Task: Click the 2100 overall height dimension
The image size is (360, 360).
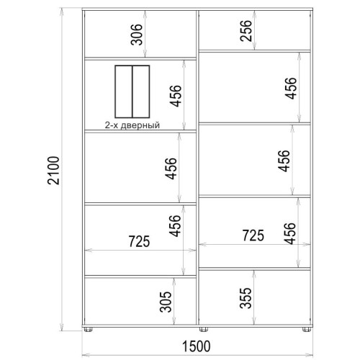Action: point(53,171)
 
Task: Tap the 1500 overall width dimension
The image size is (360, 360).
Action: point(197,346)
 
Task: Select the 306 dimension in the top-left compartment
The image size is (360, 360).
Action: point(136,35)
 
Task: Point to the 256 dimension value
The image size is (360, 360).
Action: point(246,31)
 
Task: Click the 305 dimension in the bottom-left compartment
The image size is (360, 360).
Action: point(166,302)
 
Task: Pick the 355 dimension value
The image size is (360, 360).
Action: point(246,298)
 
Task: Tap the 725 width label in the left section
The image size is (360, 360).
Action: point(139,241)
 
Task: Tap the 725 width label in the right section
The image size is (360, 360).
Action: point(253,235)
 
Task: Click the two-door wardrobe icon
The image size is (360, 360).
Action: point(132,91)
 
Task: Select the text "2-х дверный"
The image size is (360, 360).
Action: point(132,125)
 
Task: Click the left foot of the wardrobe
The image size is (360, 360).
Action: point(88,329)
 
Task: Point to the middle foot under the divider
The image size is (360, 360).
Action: point(204,329)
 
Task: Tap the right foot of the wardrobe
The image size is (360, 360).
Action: point(307,329)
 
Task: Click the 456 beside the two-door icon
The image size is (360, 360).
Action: point(176,96)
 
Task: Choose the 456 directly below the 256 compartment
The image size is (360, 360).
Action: point(291,88)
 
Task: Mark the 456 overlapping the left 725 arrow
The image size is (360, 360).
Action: point(174,226)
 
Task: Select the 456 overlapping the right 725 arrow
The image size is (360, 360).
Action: point(289,233)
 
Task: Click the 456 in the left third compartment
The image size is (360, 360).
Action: point(171,168)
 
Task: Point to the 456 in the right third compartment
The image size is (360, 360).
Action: point(284,161)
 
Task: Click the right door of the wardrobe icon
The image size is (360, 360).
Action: point(141,91)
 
